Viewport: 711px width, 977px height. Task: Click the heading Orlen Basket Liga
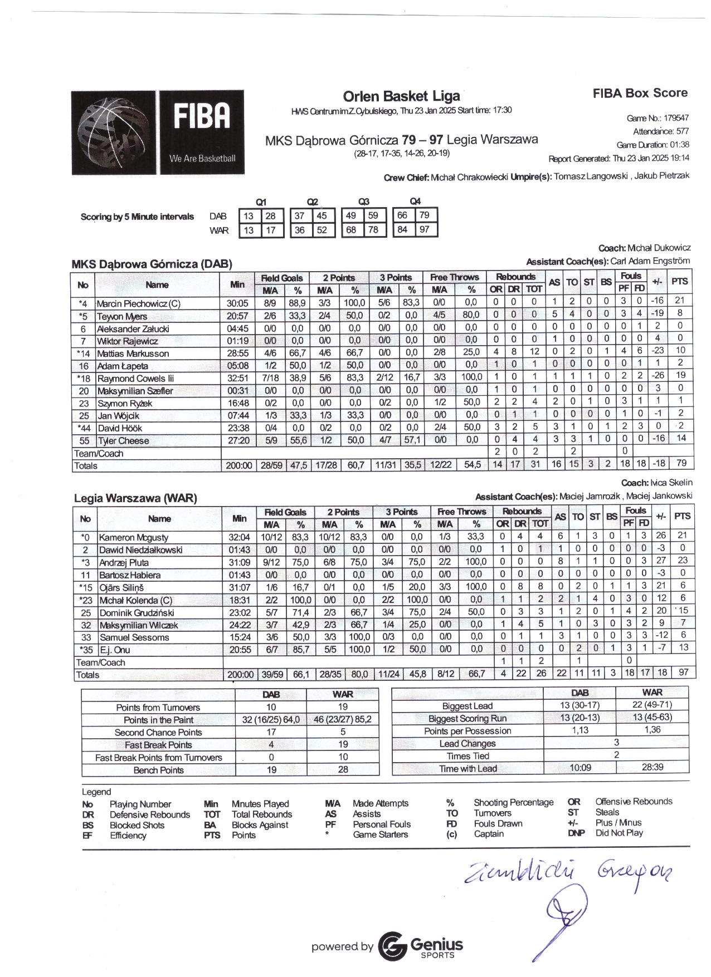(401, 96)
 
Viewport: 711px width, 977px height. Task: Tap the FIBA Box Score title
(640, 94)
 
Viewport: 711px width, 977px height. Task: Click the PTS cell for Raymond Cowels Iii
(680, 375)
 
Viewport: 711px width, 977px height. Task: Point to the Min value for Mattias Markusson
(237, 354)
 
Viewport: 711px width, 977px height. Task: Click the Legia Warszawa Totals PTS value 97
(683, 672)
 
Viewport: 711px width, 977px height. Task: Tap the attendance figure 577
(682, 131)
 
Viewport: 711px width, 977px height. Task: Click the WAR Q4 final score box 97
(425, 229)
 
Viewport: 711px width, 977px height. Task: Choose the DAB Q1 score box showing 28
(270, 216)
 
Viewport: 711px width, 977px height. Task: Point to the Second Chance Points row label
(158, 733)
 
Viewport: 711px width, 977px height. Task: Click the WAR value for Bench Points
(343, 769)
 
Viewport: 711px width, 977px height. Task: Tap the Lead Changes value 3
(616, 743)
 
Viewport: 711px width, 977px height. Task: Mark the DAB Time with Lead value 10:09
(580, 768)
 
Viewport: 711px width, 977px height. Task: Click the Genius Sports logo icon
(392, 946)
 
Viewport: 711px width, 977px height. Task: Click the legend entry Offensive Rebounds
(634, 802)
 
